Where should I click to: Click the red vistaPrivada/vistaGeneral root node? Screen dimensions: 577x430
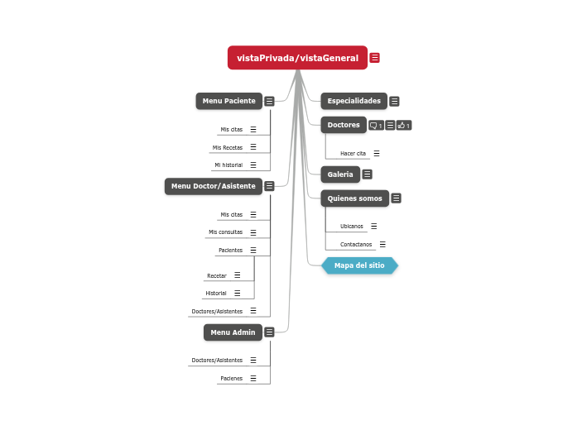pyautogui.click(x=297, y=58)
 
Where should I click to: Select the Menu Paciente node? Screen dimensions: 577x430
pyautogui.click(x=228, y=101)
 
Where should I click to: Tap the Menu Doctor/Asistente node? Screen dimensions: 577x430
pyautogui.click(x=213, y=186)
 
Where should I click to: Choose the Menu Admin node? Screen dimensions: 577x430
pyautogui.click(x=233, y=332)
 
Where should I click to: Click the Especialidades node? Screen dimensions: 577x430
pyautogui.click(x=353, y=101)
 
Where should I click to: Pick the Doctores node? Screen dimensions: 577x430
pyautogui.click(x=344, y=125)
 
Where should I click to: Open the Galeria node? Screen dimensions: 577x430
pyautogui.click(x=340, y=174)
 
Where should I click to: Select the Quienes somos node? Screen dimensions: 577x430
pyautogui.click(x=354, y=198)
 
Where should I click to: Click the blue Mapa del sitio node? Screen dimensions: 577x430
pyautogui.click(x=359, y=265)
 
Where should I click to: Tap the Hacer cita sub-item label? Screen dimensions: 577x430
pyautogui.click(x=353, y=154)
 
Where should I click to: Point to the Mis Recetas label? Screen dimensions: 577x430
pyautogui.click(x=228, y=148)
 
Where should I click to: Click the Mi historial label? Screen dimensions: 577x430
pyautogui.click(x=228, y=165)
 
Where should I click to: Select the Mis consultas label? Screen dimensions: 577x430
pyautogui.click(x=225, y=232)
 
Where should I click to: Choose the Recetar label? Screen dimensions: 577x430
pyautogui.click(x=216, y=276)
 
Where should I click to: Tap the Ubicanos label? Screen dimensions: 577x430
pyautogui.click(x=352, y=227)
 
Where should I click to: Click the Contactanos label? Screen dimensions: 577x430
pyautogui.click(x=356, y=245)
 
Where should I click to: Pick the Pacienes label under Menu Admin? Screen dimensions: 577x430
pyautogui.click(x=231, y=379)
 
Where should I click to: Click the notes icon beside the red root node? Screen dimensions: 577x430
pyautogui.click(x=375, y=58)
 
